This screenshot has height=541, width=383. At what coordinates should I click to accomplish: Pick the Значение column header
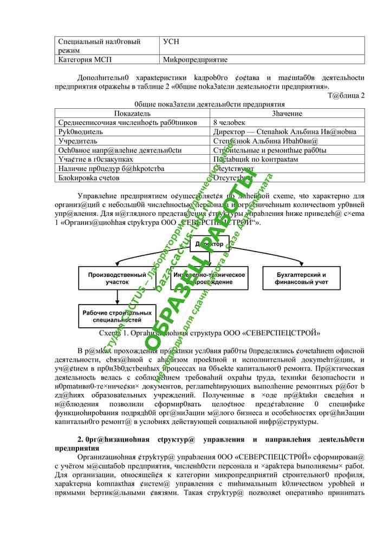click(x=287, y=114)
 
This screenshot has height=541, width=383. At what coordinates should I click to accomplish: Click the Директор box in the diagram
click(x=210, y=245)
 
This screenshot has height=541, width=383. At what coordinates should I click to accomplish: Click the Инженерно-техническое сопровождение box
click(x=210, y=278)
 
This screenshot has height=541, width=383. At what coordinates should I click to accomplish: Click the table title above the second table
click(x=210, y=104)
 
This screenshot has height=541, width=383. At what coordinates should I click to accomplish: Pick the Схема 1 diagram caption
click(x=210, y=333)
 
